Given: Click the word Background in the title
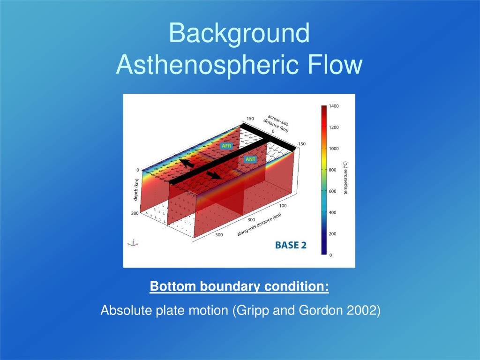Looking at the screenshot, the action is [240, 34].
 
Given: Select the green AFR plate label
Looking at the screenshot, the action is [226, 146].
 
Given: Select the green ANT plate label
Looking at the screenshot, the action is [250, 159].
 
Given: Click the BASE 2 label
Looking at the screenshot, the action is [291, 245].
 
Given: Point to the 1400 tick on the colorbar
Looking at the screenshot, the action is [334, 106].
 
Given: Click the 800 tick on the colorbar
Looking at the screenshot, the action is [332, 170].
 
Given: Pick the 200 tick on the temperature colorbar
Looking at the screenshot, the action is [332, 234].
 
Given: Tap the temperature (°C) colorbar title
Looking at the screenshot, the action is [345, 178].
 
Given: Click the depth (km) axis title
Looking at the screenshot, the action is [136, 190].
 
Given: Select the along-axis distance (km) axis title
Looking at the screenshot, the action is [259, 225].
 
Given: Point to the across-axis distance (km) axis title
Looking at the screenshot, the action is [276, 123].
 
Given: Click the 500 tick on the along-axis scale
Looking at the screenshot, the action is [219, 235].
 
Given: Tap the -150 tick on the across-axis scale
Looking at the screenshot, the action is [301, 144].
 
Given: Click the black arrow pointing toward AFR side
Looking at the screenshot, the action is [187, 163].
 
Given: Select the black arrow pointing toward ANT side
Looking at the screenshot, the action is [214, 175].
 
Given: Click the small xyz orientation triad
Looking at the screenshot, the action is [133, 243].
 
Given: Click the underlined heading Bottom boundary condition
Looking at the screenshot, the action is [240, 286].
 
